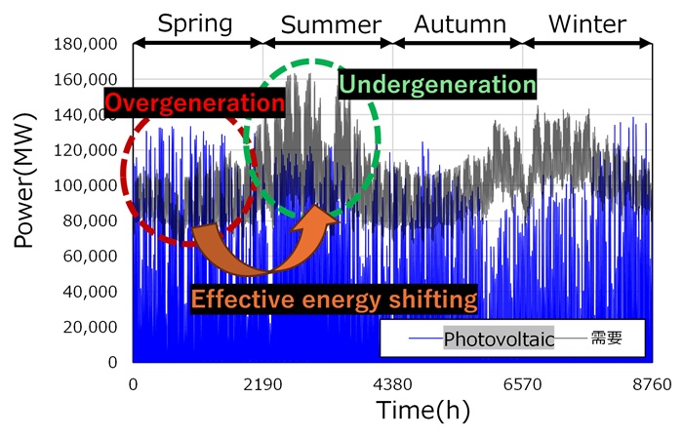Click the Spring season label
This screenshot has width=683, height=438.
pyautogui.click(x=196, y=22)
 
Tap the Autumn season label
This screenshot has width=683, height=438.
pyautogui.click(x=459, y=22)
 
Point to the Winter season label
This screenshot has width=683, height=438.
pyautogui.click(x=587, y=22)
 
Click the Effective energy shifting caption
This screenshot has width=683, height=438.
pyautogui.click(x=334, y=299)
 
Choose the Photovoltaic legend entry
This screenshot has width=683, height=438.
pyautogui.click(x=499, y=339)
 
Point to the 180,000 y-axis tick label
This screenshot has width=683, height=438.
pyautogui.click(x=86, y=44)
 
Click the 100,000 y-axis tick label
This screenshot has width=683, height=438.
pyautogui.click(x=86, y=185)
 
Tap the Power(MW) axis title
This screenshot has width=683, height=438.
pyautogui.click(x=26, y=204)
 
